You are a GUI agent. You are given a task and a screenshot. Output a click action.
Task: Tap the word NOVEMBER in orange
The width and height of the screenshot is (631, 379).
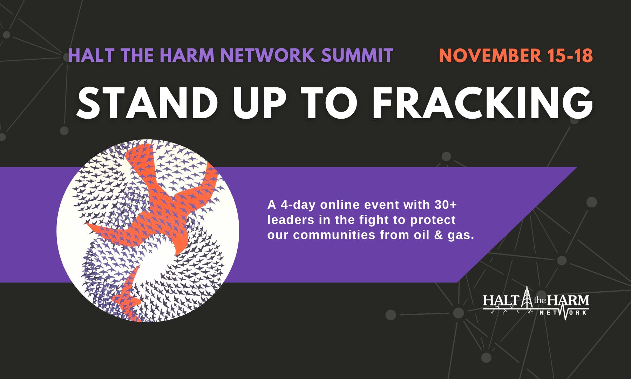(x=490, y=56)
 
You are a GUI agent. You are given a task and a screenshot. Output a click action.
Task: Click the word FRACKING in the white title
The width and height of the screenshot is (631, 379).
(x=482, y=103)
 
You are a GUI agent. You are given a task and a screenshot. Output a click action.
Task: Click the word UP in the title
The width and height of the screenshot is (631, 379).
(x=259, y=103)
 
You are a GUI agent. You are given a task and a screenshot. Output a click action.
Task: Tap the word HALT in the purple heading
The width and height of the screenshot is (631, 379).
(x=91, y=55)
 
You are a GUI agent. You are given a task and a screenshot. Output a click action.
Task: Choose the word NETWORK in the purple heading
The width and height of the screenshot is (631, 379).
(x=267, y=55)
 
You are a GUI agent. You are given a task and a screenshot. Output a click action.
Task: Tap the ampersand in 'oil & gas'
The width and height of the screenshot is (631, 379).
(x=439, y=235)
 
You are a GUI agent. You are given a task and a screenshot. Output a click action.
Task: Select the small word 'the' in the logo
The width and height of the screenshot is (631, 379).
(x=540, y=300)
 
